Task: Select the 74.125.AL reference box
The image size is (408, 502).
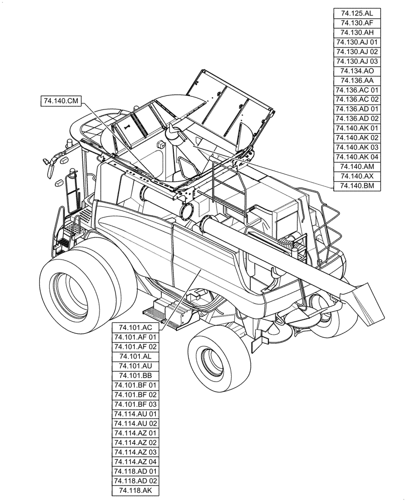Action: click(x=356, y=14)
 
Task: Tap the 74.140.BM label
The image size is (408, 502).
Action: click(x=356, y=186)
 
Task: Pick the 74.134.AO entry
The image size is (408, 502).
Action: click(x=356, y=71)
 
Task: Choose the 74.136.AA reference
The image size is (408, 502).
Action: click(x=356, y=80)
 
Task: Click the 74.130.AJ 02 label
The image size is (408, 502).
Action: click(x=356, y=52)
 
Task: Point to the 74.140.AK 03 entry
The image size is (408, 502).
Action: click(x=356, y=148)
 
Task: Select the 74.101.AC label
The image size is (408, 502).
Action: click(x=136, y=328)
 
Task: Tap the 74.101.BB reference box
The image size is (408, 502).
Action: click(x=136, y=375)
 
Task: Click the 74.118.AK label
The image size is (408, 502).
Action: click(x=136, y=490)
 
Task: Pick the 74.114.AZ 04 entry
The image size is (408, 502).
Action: click(x=136, y=461)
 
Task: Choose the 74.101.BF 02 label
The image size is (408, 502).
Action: click(x=136, y=395)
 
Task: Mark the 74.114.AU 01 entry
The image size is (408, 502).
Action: click(x=136, y=414)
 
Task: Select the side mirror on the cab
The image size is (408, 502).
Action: click(x=50, y=166)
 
